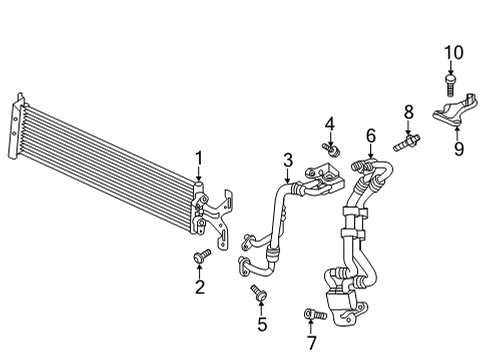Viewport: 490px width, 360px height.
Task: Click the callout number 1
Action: pos(199,158)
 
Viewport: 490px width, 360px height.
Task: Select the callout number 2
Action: pos(200,287)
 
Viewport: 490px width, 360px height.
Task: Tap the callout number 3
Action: pos(288,160)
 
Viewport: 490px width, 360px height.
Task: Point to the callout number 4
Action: pos(330,124)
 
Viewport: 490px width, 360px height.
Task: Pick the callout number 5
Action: pos(262,324)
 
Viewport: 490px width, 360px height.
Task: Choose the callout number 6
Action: pos(371,136)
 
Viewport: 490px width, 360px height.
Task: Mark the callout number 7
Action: pos(311,343)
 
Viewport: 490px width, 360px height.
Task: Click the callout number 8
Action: pos(409,112)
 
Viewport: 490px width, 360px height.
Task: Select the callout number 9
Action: pos(459,148)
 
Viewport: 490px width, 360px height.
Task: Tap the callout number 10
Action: pos(454,53)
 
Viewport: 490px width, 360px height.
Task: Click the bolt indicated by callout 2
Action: pos(202,256)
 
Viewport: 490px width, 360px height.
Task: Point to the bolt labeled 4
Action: pos(331,149)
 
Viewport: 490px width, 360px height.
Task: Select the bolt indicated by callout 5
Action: pos(258,292)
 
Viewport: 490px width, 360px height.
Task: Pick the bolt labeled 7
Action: pos(316,314)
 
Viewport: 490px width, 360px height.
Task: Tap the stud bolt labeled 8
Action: pos(406,142)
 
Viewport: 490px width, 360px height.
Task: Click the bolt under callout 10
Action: pos(450,85)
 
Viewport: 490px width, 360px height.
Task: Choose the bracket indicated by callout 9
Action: pos(455,109)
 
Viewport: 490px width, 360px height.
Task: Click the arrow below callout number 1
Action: pos(199,175)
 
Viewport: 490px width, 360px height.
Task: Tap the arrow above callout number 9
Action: pos(457,134)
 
